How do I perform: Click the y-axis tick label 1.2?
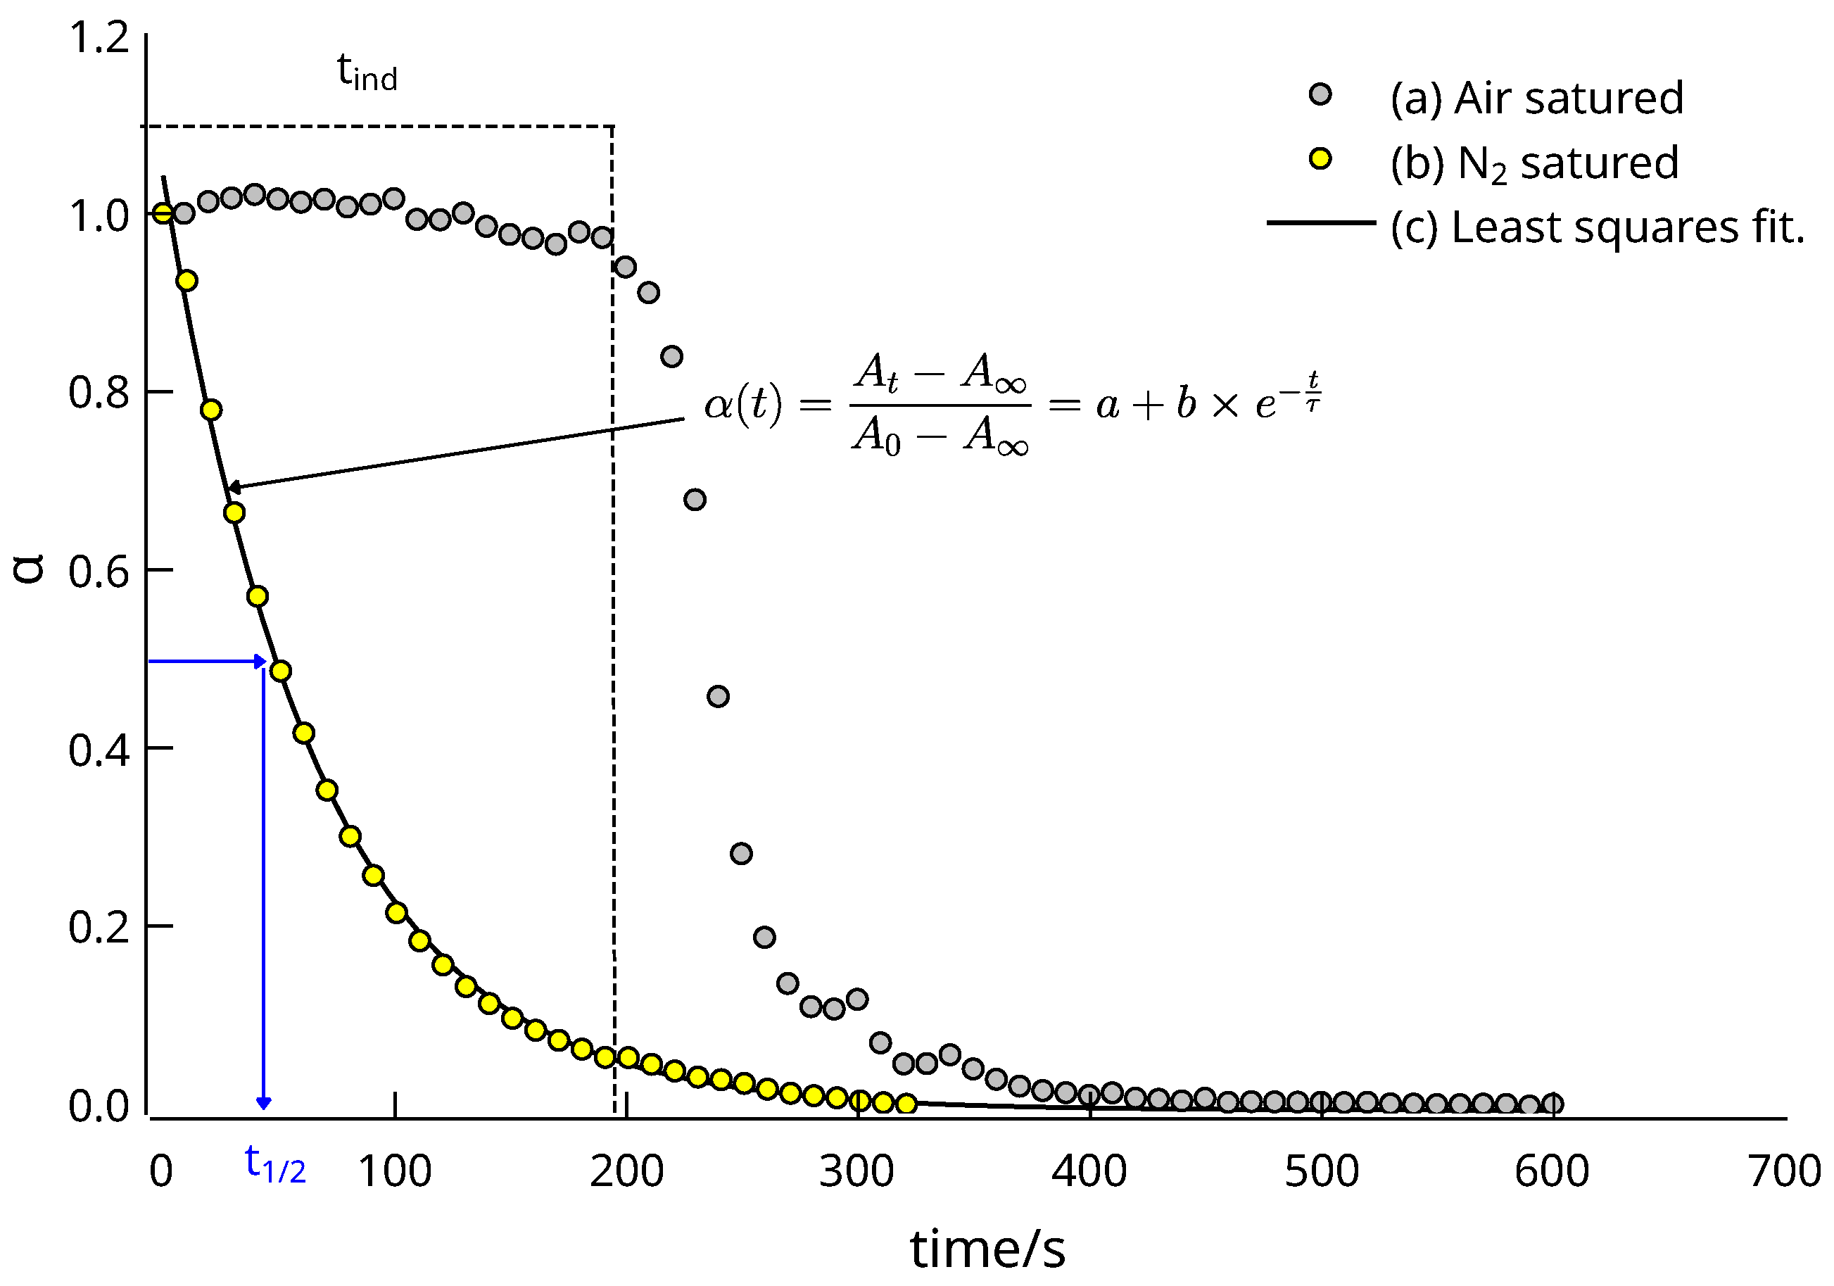[99, 37]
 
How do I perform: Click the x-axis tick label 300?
[856, 1172]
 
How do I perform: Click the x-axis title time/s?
[987, 1249]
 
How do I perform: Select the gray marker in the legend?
[1320, 95]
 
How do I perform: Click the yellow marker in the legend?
[1320, 159]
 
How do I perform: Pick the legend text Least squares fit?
[1598, 227]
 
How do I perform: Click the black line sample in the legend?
[1321, 222]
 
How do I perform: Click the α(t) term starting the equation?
[743, 404]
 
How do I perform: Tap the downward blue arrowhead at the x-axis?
[264, 1104]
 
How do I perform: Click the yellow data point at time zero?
[163, 213]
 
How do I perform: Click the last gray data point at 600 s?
[1552, 1104]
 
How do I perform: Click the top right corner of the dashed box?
[613, 126]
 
